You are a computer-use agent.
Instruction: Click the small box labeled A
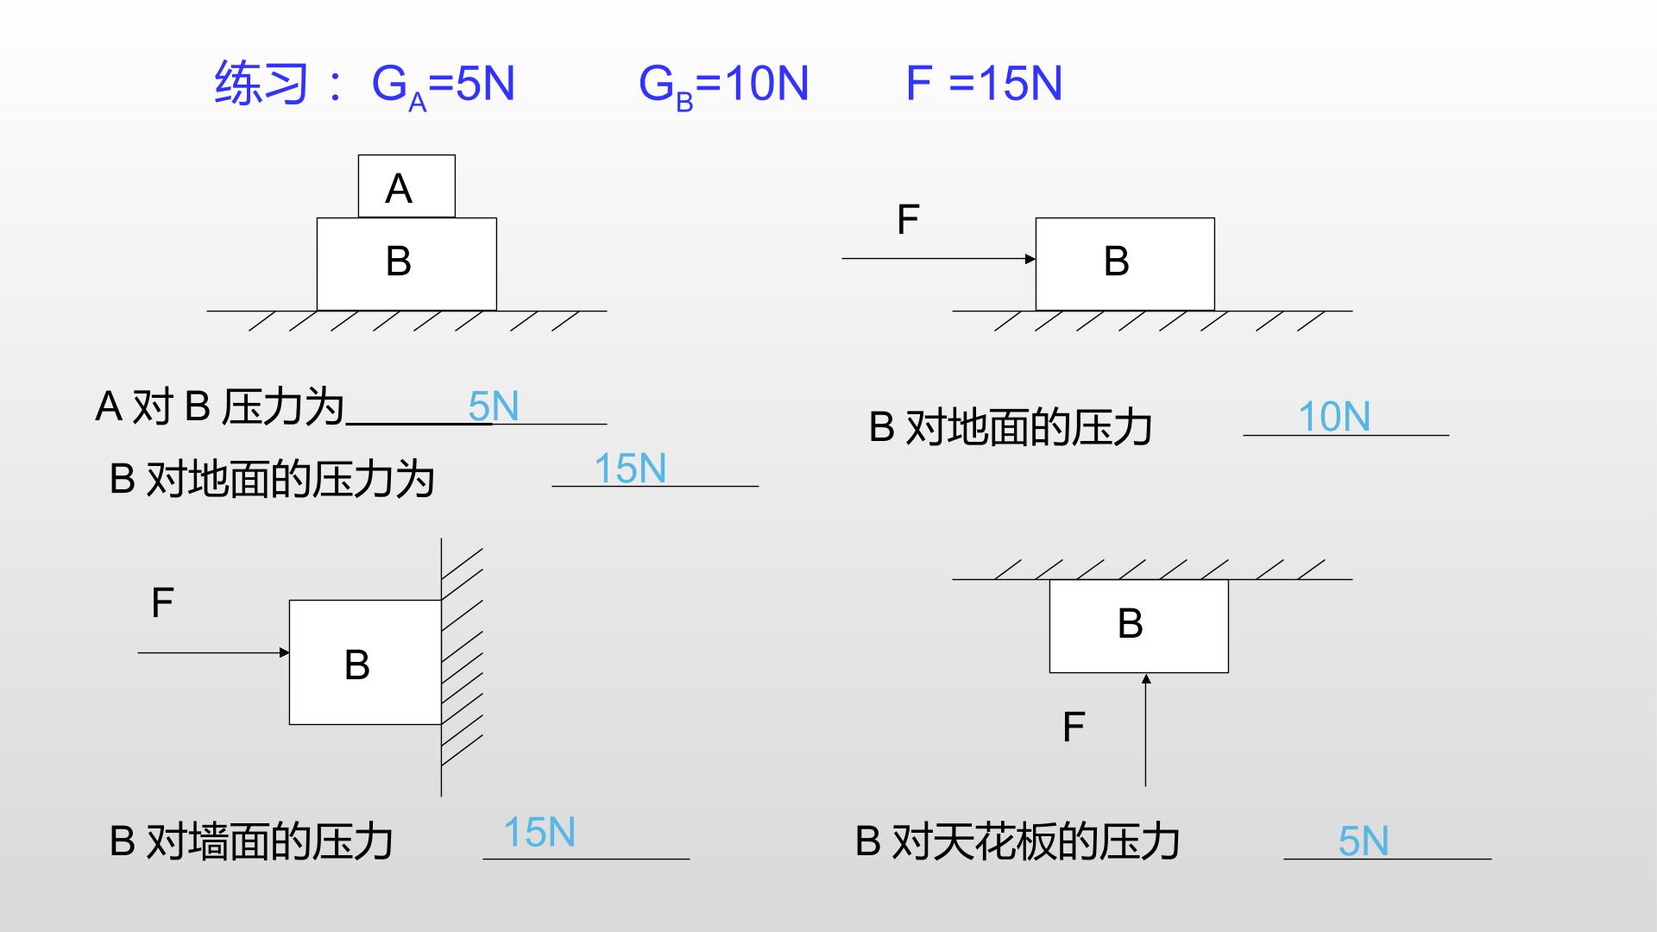[x=406, y=186]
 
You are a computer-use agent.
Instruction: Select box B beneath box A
[x=406, y=264]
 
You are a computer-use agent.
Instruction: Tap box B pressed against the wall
[x=365, y=662]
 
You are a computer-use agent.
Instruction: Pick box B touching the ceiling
[x=1138, y=626]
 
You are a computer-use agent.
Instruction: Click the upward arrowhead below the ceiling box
[x=1146, y=679]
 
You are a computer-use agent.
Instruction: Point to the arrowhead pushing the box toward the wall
[x=285, y=652]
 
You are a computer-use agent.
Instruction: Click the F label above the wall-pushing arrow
[x=162, y=602]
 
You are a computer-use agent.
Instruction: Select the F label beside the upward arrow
[x=1073, y=727]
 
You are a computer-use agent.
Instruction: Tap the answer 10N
[x=1334, y=417]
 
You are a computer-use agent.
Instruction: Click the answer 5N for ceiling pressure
[x=1364, y=841]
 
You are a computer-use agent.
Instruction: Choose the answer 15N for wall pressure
[x=539, y=833]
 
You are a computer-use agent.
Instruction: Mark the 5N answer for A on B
[x=494, y=406]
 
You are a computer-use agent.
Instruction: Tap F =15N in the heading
[x=984, y=84]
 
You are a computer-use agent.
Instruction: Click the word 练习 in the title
[x=261, y=84]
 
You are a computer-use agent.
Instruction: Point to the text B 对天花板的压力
[x=1018, y=841]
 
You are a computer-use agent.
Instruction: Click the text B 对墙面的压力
[x=251, y=841]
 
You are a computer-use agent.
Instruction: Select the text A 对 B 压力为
[x=220, y=406]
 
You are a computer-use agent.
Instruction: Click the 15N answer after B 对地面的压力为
[x=630, y=469]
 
